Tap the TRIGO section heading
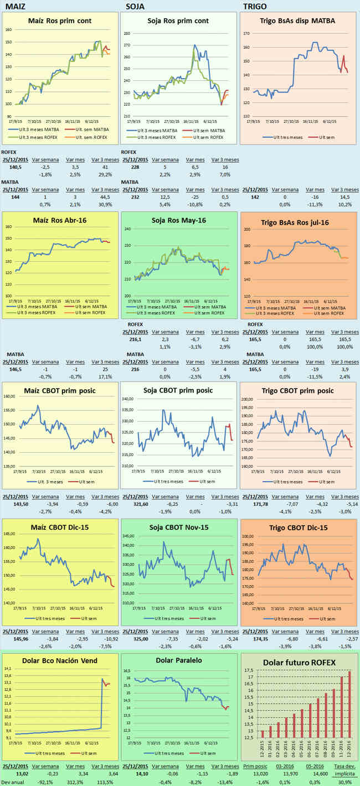[x=255, y=6]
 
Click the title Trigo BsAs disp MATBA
[x=297, y=21]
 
